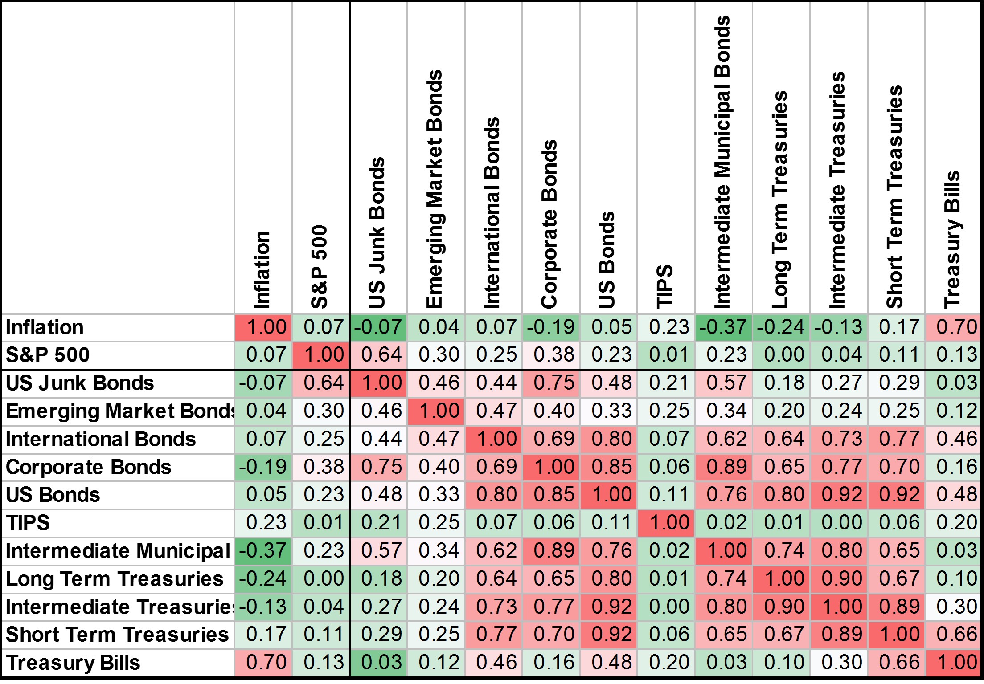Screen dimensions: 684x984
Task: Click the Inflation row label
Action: [45, 327]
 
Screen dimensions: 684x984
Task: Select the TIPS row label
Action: [28, 523]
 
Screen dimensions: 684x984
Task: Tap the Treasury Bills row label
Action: [73, 663]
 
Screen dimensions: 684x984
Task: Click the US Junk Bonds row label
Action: [80, 383]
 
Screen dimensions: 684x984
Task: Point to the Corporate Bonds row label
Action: [88, 467]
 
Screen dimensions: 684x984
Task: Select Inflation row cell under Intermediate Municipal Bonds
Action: [723, 327]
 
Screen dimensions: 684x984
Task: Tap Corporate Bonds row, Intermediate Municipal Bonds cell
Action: [723, 467]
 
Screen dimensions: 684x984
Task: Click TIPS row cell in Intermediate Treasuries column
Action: [838, 523]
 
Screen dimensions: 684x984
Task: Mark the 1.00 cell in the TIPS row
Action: [666, 523]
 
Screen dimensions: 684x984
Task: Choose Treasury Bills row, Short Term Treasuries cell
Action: [896, 663]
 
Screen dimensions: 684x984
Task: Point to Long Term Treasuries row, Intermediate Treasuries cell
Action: [838, 579]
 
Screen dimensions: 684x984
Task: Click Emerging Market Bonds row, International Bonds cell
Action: [493, 411]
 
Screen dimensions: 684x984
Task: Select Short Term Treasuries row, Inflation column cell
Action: [263, 635]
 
